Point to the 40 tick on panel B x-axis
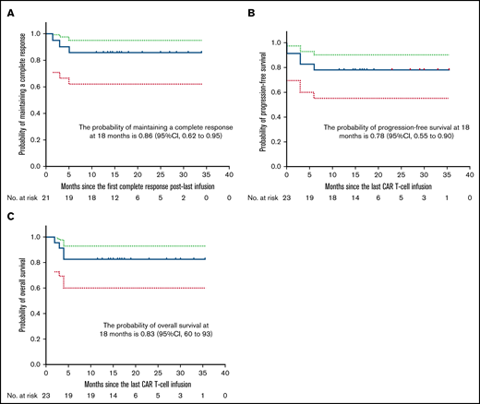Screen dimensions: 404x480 point(470,172)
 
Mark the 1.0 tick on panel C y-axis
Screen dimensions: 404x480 point(35,237)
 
